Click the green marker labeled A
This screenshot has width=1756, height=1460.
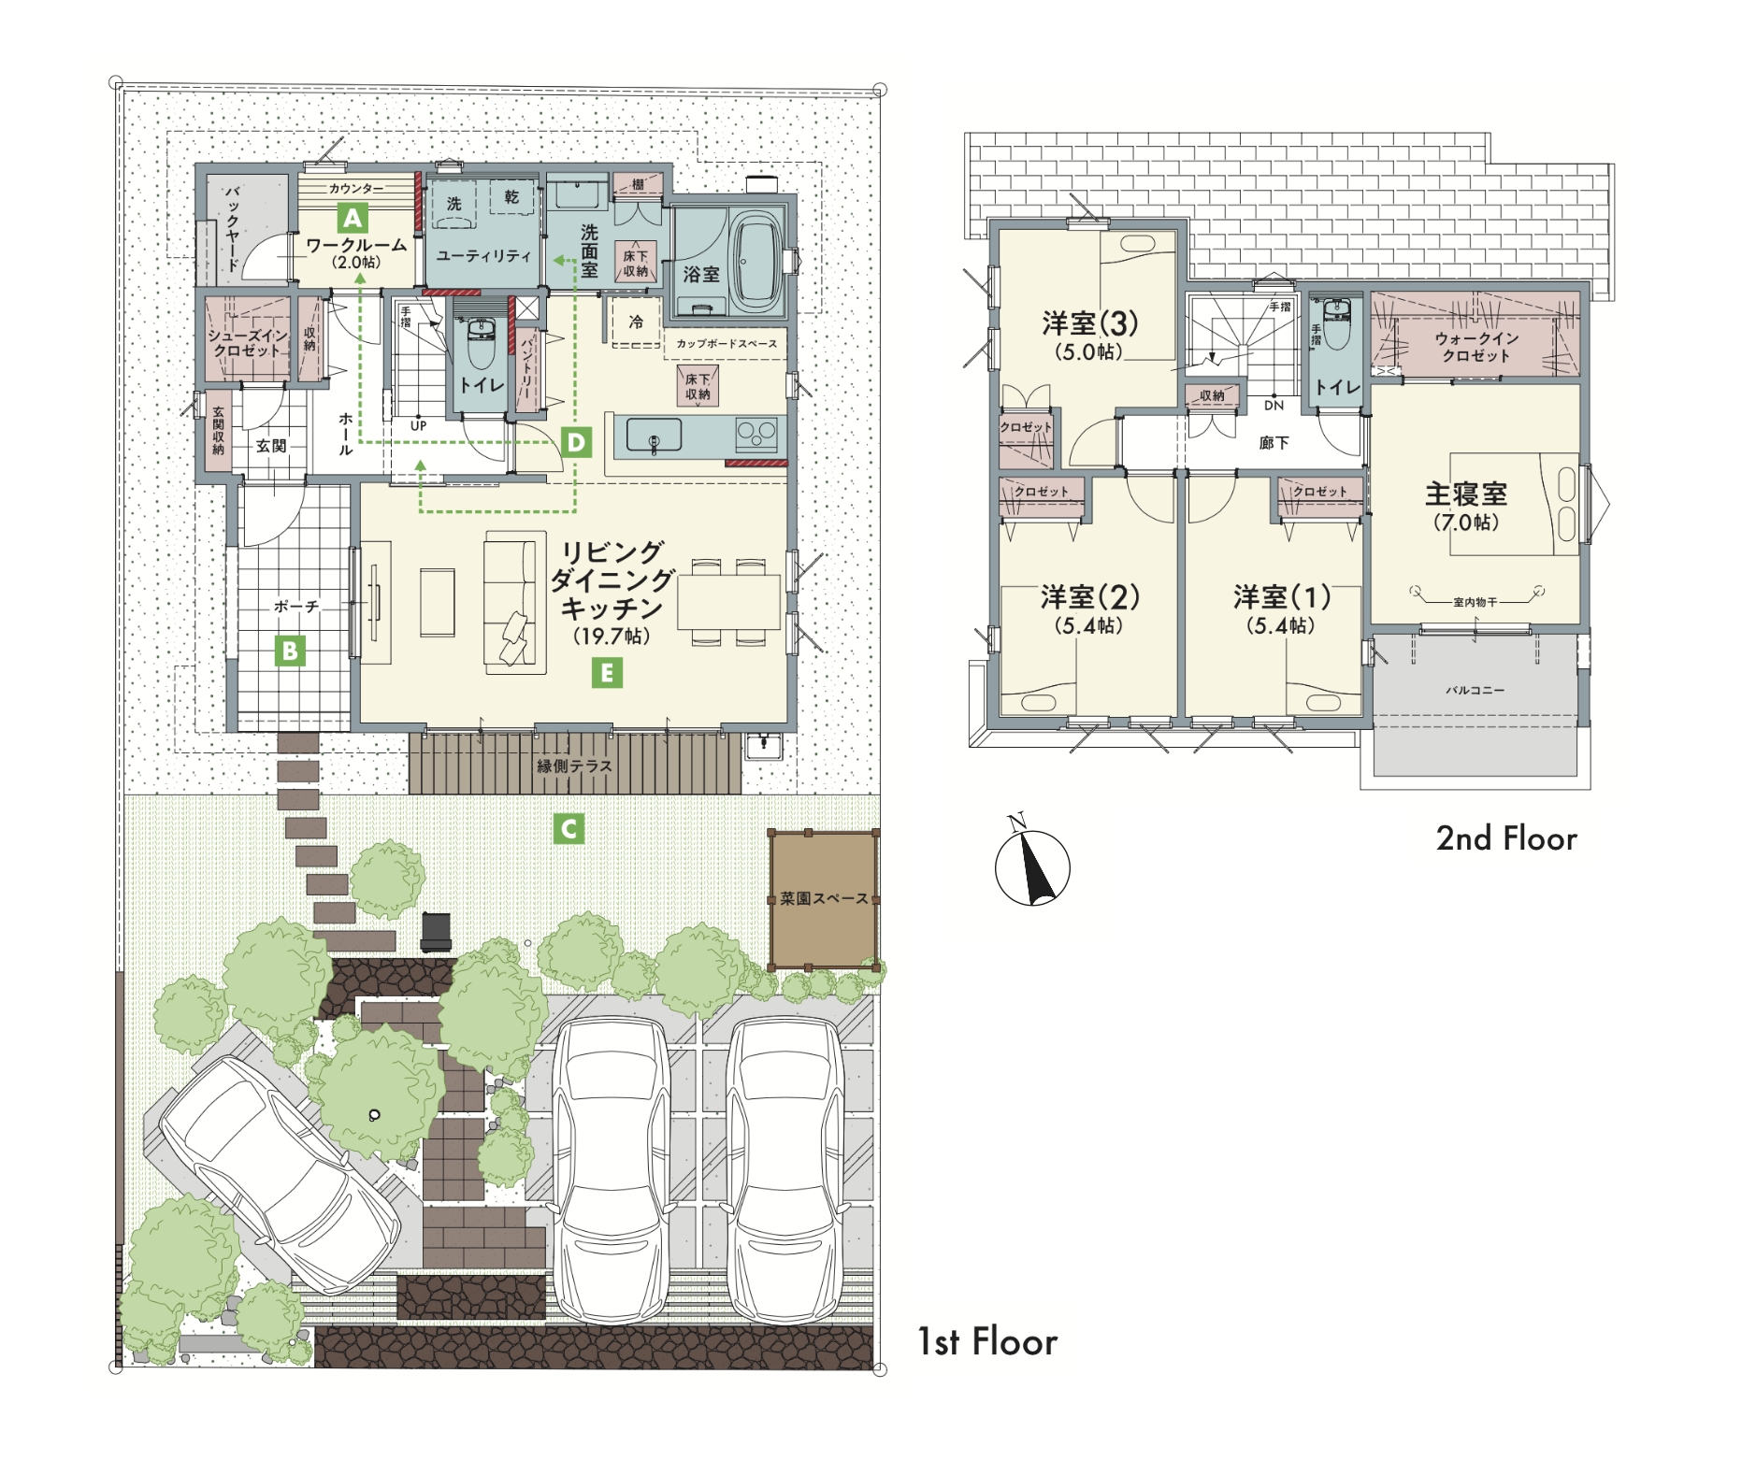353,218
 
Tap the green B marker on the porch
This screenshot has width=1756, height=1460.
290,650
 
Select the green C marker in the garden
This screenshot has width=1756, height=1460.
569,828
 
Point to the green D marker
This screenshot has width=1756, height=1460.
577,441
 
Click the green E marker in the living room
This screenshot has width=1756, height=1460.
608,672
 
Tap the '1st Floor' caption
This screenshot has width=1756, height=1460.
987,1341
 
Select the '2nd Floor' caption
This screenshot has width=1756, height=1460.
1506,838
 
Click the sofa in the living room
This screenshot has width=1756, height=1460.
514,603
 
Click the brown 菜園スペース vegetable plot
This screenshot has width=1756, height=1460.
823,899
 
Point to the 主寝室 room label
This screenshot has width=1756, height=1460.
1465,494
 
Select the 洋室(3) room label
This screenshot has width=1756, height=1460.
1089,323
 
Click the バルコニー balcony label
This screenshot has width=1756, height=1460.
1475,690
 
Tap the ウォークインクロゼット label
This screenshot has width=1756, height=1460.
1475,347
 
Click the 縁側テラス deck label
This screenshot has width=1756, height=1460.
574,766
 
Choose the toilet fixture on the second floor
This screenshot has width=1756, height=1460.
1336,324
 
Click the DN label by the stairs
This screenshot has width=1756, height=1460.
1274,406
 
